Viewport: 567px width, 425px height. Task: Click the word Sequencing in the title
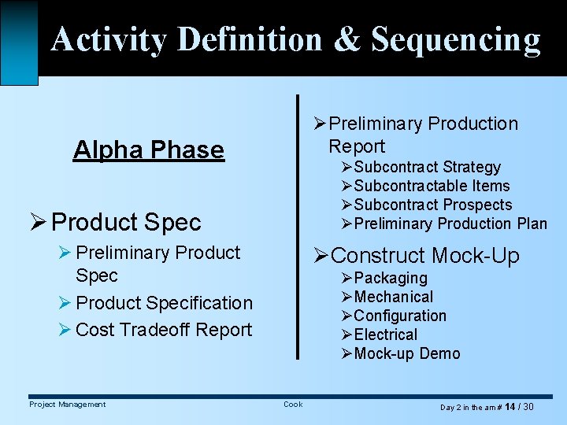(x=456, y=39)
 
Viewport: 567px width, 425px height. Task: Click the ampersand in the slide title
(x=346, y=39)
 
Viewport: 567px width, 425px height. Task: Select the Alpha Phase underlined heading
(x=148, y=150)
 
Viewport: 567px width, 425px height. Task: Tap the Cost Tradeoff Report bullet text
(x=164, y=330)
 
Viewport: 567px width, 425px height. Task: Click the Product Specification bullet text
(x=164, y=303)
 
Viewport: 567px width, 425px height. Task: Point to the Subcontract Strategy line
(x=427, y=167)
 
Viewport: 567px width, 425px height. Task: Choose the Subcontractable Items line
(x=432, y=186)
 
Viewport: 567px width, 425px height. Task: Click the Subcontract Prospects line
(x=432, y=205)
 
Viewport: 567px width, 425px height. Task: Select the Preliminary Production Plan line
(x=450, y=224)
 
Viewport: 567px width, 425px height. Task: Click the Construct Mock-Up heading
(x=425, y=256)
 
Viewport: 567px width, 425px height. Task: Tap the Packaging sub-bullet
(x=391, y=278)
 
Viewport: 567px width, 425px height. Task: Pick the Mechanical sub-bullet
(x=394, y=297)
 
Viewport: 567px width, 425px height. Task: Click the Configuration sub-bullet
(x=400, y=316)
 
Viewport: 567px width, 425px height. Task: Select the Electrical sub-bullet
(x=386, y=334)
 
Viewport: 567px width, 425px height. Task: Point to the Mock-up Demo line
(x=407, y=353)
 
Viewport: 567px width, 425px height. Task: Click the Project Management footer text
(x=67, y=405)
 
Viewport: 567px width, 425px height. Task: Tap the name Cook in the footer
(x=293, y=405)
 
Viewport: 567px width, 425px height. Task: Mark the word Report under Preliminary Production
(x=357, y=146)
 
